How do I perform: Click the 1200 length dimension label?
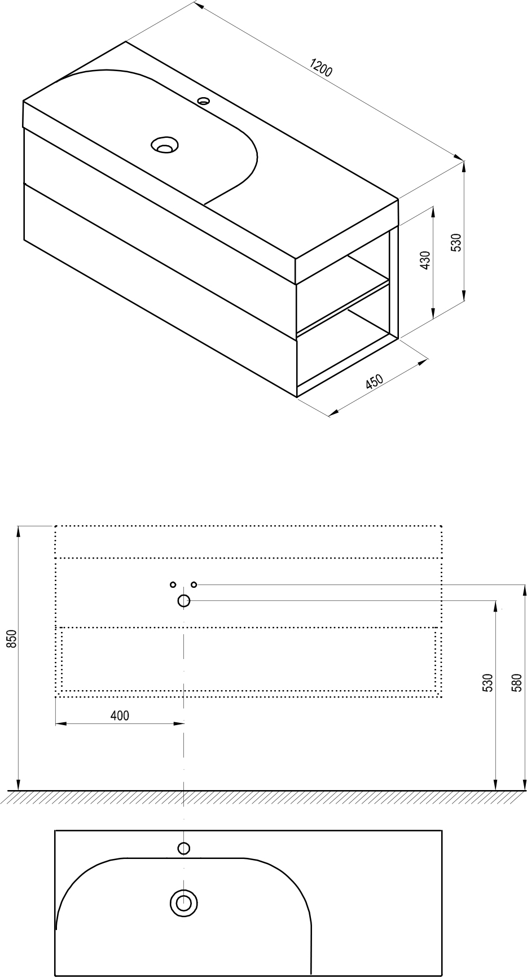click(x=321, y=68)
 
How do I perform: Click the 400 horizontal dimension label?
click(x=120, y=716)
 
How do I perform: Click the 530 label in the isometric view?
click(x=457, y=242)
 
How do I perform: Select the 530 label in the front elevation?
click(x=489, y=683)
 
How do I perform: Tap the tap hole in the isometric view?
click(x=204, y=102)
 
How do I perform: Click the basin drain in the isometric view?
click(x=165, y=145)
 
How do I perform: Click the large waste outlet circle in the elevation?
click(x=183, y=601)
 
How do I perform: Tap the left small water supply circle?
click(x=173, y=585)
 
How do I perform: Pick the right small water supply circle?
click(x=194, y=585)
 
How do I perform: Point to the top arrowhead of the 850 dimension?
click(x=19, y=531)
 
